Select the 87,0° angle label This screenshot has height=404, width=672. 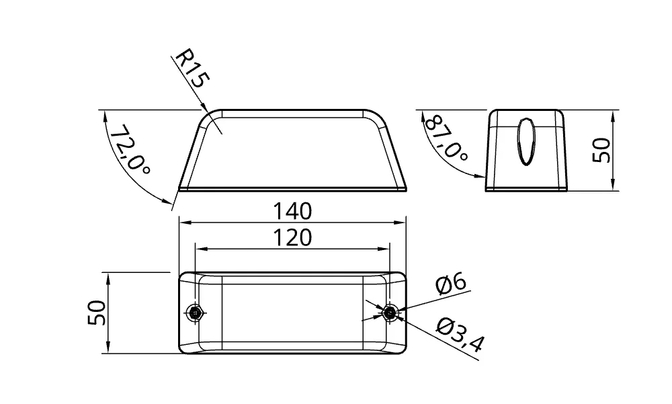(x=446, y=137)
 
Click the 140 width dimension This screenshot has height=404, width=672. (x=293, y=212)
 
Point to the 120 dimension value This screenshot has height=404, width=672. (x=293, y=237)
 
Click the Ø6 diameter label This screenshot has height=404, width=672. (x=451, y=284)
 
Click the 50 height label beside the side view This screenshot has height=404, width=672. (x=601, y=150)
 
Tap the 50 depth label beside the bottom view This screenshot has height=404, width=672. (x=97, y=313)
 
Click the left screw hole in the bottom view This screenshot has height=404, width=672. (x=196, y=312)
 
